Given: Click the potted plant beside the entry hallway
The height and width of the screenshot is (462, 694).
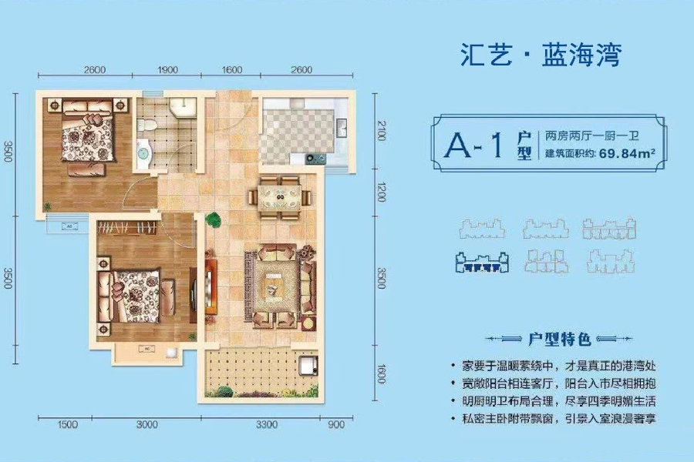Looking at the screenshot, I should point(213,220).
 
